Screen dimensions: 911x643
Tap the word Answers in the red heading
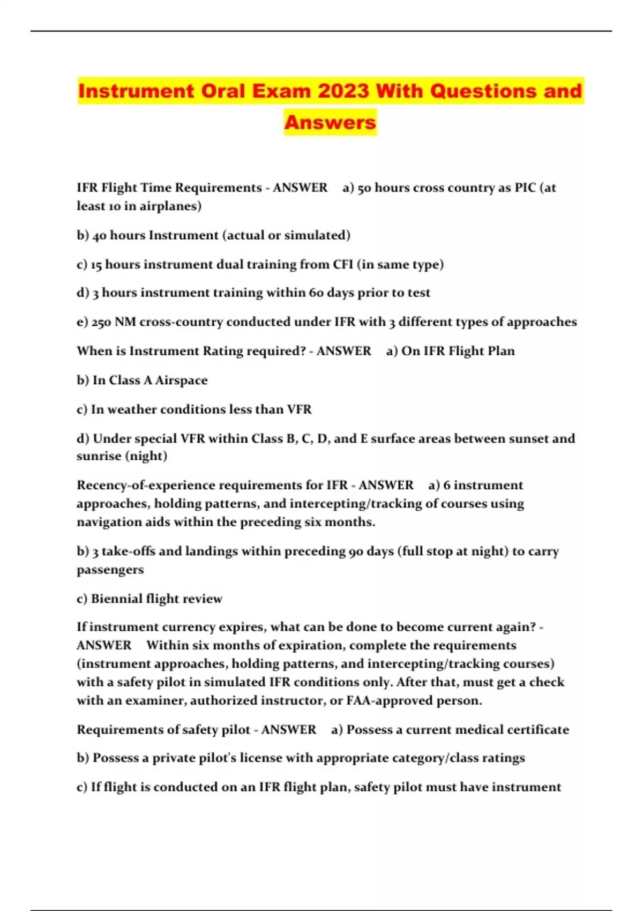pyautogui.click(x=330, y=122)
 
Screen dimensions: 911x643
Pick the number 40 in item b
pyautogui.click(x=99, y=235)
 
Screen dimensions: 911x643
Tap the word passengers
pyautogui.click(x=110, y=570)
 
